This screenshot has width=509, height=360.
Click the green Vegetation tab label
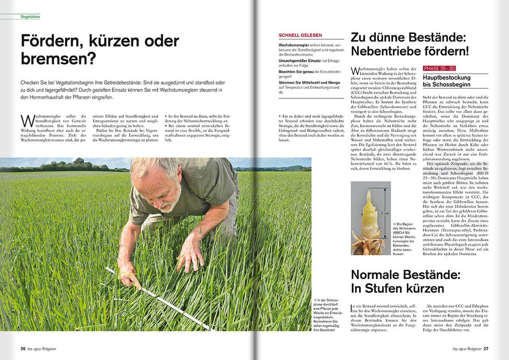[x=30, y=17]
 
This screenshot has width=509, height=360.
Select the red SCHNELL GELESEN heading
[x=300, y=35]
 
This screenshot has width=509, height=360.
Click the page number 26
[x=23, y=348]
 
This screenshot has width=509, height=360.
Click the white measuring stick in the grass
[x=158, y=296]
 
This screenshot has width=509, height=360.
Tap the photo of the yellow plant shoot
[x=371, y=218]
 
